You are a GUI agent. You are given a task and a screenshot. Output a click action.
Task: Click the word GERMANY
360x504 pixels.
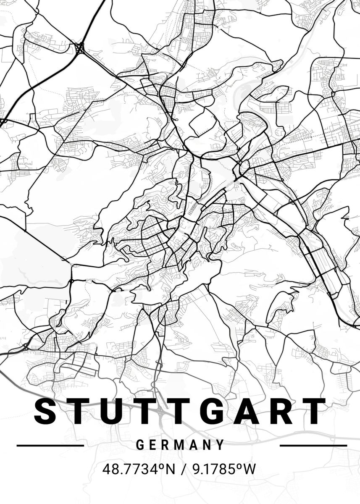(x=181, y=445)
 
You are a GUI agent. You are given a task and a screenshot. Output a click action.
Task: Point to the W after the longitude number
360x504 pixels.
(x=250, y=469)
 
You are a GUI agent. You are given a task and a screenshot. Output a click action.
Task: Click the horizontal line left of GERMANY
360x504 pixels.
(x=50, y=445)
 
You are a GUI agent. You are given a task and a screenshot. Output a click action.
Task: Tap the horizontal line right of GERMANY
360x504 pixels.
(x=313, y=445)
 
